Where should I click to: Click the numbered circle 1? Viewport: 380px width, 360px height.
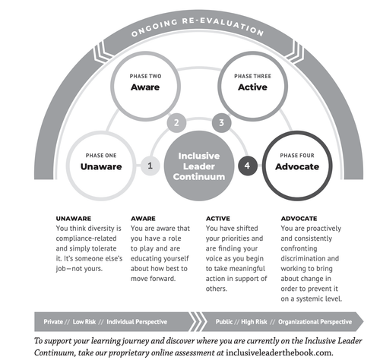click(150, 166)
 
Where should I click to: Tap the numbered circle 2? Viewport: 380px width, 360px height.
click(176, 123)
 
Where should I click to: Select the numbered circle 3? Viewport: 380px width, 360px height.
click(222, 123)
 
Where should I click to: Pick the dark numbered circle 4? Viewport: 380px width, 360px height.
click(248, 166)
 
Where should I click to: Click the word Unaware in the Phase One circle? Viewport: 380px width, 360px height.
click(101, 166)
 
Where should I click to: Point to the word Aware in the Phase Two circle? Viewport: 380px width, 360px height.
click(145, 87)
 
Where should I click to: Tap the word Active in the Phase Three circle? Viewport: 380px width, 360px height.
click(252, 87)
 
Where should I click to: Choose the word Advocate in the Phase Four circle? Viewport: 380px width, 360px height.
click(297, 166)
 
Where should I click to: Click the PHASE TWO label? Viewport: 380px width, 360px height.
click(145, 76)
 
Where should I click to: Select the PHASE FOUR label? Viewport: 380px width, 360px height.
click(297, 156)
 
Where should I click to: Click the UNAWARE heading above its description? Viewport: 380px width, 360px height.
click(74, 219)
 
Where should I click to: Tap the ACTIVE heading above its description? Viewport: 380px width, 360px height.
click(218, 219)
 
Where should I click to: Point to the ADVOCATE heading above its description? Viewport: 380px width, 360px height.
click(299, 219)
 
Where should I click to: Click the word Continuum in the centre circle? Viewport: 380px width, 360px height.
click(199, 177)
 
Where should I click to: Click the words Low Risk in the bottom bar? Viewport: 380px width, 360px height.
click(84, 322)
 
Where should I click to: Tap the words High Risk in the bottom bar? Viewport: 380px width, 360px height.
click(254, 322)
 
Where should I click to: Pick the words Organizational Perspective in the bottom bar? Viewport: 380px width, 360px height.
click(315, 322)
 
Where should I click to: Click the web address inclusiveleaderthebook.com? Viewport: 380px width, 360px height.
click(279, 352)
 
